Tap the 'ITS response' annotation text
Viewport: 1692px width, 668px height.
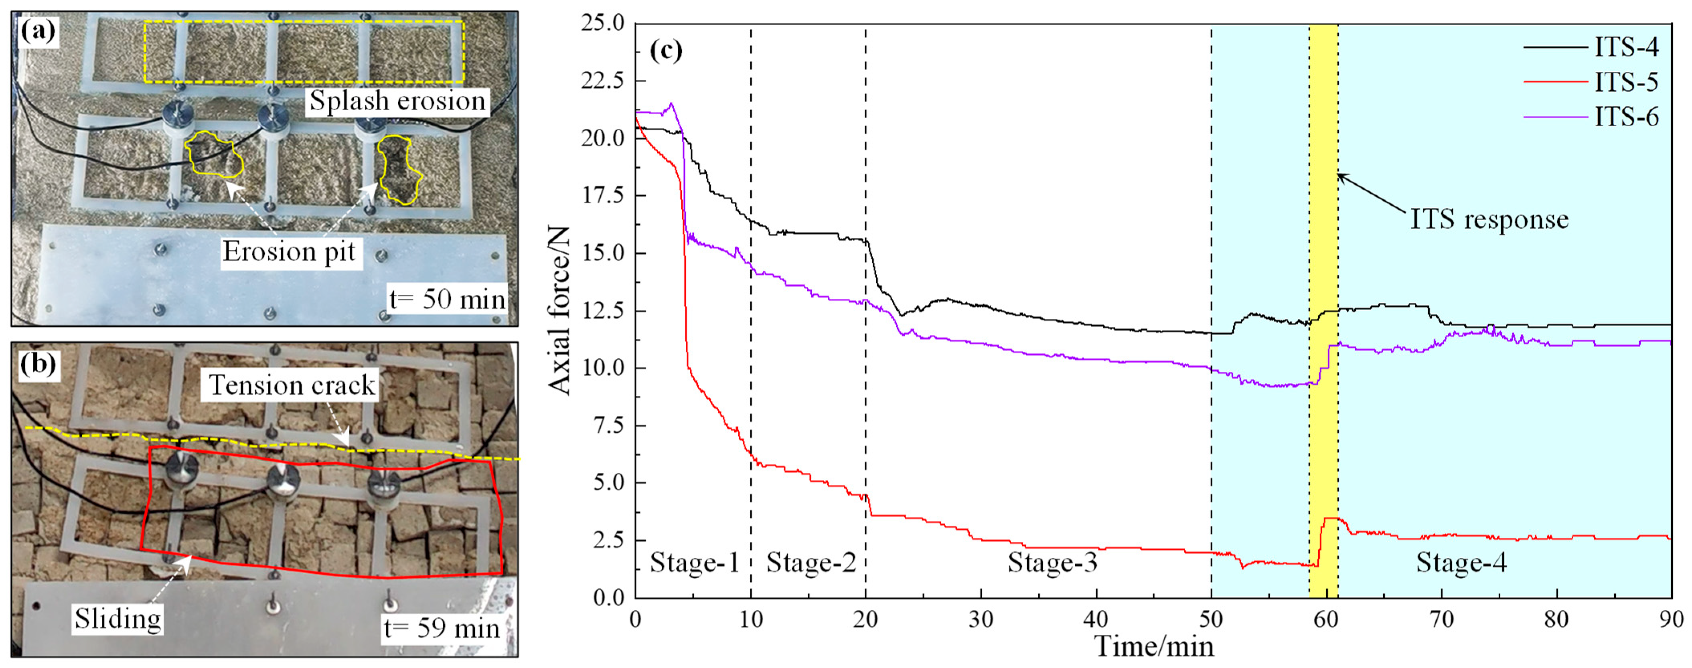1489,219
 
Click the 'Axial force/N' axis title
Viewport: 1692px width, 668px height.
559,310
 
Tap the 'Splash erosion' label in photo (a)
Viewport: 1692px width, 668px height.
397,101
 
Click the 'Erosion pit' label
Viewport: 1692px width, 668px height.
289,251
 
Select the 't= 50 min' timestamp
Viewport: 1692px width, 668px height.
447,300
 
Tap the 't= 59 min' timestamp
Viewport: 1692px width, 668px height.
442,629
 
